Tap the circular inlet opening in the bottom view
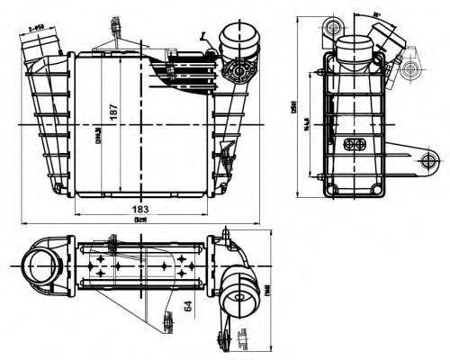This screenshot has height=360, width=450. (x=41, y=268)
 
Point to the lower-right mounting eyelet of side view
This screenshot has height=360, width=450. (x=427, y=161)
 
